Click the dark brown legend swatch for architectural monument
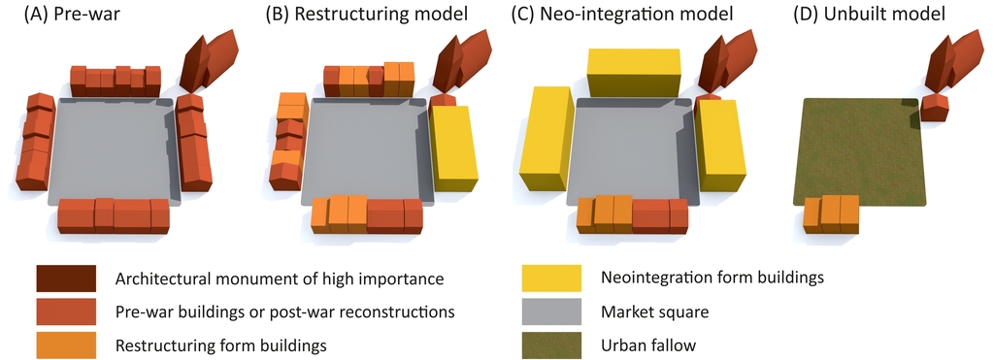click(66, 279)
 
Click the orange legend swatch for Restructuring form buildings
click(66, 344)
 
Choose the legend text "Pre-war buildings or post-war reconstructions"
click(284, 311)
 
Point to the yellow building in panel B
click(453, 146)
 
